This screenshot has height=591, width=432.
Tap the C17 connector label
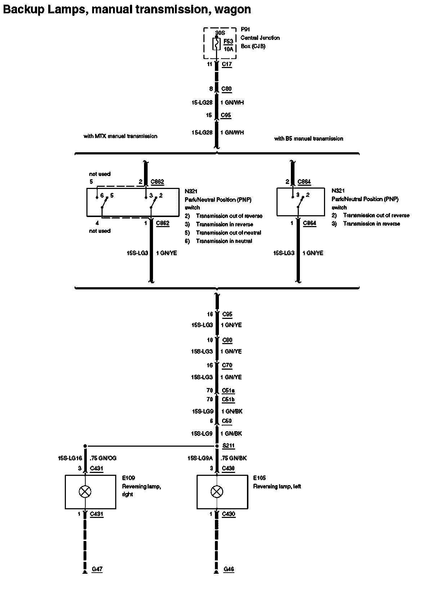(227, 64)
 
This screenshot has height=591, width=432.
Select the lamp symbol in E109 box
(85, 492)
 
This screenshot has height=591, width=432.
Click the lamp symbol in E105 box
(217, 492)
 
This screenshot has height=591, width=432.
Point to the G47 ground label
(97, 569)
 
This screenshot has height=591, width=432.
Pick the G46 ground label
(229, 569)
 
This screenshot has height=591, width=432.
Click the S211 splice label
(228, 446)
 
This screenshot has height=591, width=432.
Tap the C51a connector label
(228, 390)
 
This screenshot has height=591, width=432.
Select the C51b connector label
(228, 399)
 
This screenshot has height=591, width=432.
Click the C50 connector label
(227, 421)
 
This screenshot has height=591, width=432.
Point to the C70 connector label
(227, 365)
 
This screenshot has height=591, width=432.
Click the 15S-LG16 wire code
(70, 458)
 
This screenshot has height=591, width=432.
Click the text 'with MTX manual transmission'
(120, 136)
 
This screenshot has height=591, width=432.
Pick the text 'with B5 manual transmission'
(309, 138)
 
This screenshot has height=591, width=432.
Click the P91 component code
(245, 30)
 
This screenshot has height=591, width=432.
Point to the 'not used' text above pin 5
(100, 174)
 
